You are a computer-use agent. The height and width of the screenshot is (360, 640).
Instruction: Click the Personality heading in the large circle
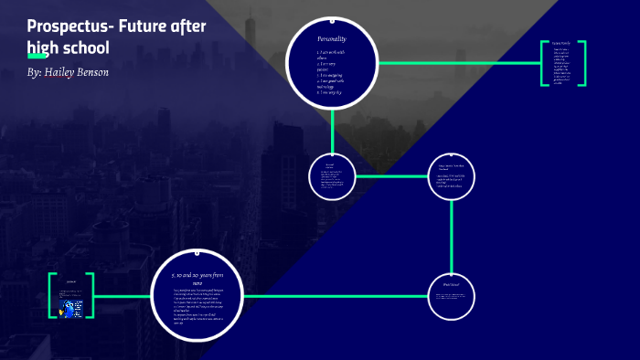[x=332, y=39]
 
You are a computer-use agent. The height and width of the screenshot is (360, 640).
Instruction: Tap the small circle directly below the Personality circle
[x=332, y=175]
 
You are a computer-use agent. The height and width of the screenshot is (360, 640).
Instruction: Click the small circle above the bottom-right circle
[x=453, y=175]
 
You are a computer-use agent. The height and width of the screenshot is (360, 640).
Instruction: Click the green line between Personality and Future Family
[x=457, y=63]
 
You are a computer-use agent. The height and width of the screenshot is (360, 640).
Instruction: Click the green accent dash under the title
[x=38, y=57]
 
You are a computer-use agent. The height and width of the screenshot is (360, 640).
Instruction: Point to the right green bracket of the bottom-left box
[x=93, y=296]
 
